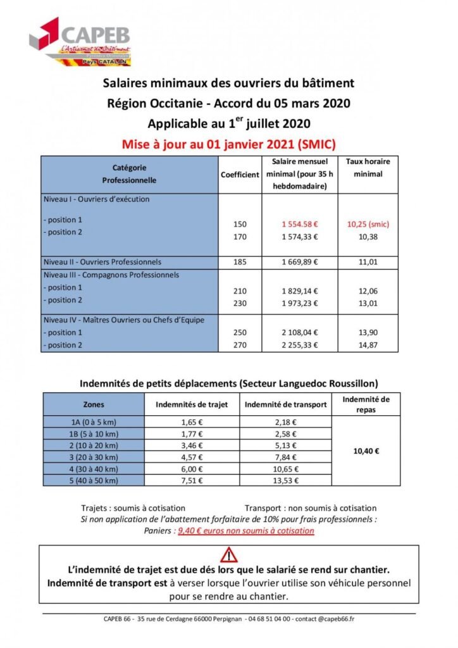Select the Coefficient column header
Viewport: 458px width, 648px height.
240,175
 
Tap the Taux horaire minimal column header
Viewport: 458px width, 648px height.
368,168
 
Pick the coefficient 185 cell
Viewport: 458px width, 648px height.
240,262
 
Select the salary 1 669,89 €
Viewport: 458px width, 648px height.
299,262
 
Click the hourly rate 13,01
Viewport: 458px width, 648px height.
368,300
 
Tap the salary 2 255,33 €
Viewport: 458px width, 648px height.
299,346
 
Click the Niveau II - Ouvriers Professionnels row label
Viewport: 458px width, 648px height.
102,262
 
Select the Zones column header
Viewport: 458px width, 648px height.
94,404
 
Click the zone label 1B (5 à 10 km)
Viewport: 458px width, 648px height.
94,434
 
